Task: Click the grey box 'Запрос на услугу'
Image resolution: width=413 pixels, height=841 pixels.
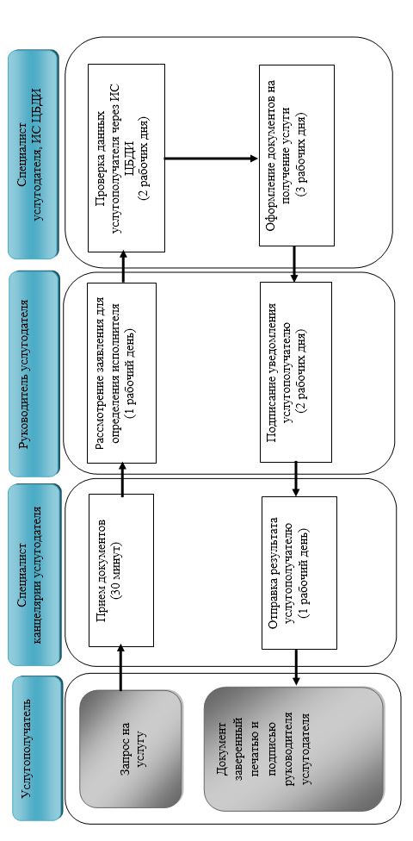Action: coord(131,749)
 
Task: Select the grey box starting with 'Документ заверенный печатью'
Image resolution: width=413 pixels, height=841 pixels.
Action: coord(294,750)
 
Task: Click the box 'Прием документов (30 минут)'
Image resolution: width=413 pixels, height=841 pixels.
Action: coord(120,570)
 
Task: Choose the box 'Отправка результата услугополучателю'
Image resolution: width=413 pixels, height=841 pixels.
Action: coord(299,572)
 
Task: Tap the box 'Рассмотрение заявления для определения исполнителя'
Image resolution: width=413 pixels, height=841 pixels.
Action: coord(121,373)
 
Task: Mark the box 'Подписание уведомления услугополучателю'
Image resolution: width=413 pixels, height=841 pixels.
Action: coord(296,372)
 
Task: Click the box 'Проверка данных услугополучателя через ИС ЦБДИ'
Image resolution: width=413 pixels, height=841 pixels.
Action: coord(126,159)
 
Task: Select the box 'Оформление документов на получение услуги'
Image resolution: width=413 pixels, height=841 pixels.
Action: coord(297,156)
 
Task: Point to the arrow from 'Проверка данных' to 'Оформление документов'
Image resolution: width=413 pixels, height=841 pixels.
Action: coord(212,159)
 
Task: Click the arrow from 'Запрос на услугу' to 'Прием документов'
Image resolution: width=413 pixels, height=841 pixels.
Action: coord(120,669)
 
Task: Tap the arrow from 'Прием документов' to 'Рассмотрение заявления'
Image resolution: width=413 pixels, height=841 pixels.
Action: coord(123,479)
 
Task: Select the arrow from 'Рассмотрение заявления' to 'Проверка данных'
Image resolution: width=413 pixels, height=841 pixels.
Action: coord(123,267)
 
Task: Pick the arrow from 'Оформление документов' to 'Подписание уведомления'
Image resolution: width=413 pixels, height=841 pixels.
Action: coord(294,264)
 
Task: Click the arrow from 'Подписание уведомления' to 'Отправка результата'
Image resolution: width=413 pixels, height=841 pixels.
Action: coord(296,479)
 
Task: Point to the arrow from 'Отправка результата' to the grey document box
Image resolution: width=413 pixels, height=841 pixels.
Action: coord(296,669)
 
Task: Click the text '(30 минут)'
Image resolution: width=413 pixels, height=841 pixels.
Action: coord(127,570)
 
